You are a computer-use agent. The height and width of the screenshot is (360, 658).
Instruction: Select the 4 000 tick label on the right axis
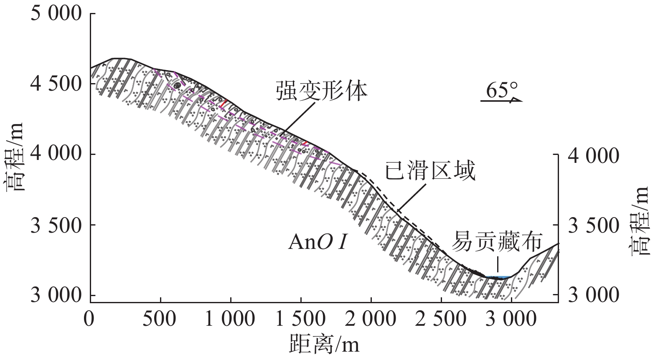point(593,155)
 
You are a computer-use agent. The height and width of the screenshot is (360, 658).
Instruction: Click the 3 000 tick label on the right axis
point(593,296)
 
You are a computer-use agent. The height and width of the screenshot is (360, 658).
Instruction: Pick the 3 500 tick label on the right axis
point(593,226)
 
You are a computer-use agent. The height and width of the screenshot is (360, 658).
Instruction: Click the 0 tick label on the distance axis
point(89,319)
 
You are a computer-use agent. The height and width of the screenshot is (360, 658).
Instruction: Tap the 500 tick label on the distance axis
point(161,319)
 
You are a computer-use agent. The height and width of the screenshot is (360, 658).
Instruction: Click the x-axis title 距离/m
point(324,345)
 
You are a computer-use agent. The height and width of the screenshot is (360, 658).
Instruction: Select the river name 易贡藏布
point(499,241)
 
